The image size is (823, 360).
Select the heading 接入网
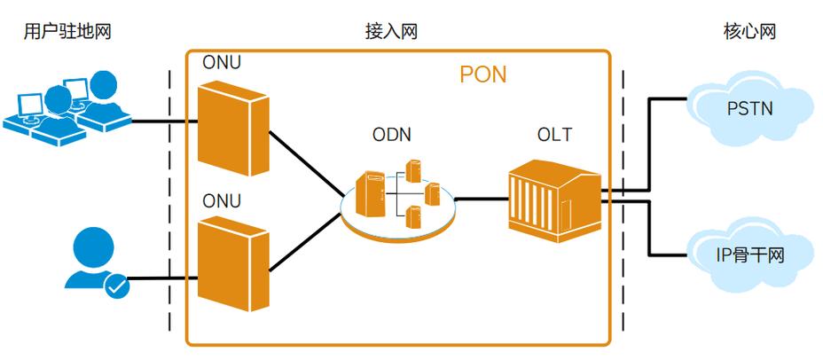tap(391, 32)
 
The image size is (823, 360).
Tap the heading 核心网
tap(749, 32)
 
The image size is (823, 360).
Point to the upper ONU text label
tap(221, 64)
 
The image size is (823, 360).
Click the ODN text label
tap(390, 135)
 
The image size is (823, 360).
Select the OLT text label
tap(554, 135)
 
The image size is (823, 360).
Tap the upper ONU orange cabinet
tap(232, 123)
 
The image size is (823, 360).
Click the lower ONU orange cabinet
tap(232, 263)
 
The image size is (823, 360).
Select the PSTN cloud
tap(749, 107)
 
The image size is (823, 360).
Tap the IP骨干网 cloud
tap(749, 257)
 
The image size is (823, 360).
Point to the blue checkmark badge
tap(117, 286)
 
